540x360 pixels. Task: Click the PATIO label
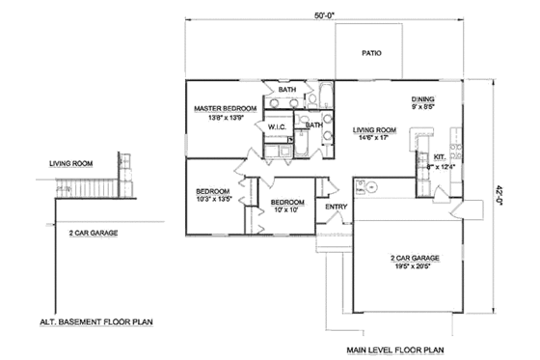369,55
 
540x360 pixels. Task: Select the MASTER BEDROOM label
225,108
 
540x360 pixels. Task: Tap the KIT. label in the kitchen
439,155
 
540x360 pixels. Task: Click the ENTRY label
336,206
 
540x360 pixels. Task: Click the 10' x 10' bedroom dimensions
288,209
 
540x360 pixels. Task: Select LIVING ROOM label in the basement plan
70,165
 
